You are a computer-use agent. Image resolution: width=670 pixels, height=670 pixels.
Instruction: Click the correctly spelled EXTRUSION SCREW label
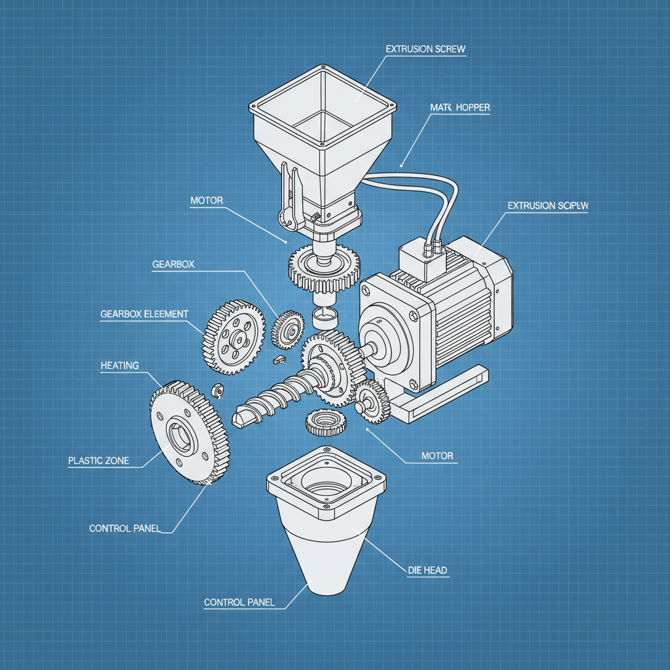[x=425, y=49]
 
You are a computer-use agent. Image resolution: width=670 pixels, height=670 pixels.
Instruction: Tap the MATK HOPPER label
[x=459, y=107]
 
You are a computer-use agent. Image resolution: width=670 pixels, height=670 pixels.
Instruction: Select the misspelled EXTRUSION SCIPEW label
[x=548, y=205]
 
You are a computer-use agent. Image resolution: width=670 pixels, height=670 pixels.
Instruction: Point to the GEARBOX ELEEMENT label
[x=144, y=314]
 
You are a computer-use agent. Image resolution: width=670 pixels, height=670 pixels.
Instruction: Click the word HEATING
[x=119, y=365]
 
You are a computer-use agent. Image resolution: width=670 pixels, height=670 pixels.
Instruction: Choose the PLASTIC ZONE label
[x=98, y=461]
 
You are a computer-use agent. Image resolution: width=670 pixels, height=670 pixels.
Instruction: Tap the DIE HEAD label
[x=427, y=570]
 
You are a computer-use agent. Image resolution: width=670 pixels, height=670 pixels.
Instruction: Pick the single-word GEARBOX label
[x=173, y=264]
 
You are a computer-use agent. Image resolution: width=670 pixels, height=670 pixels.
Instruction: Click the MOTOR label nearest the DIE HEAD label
[x=438, y=455]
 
